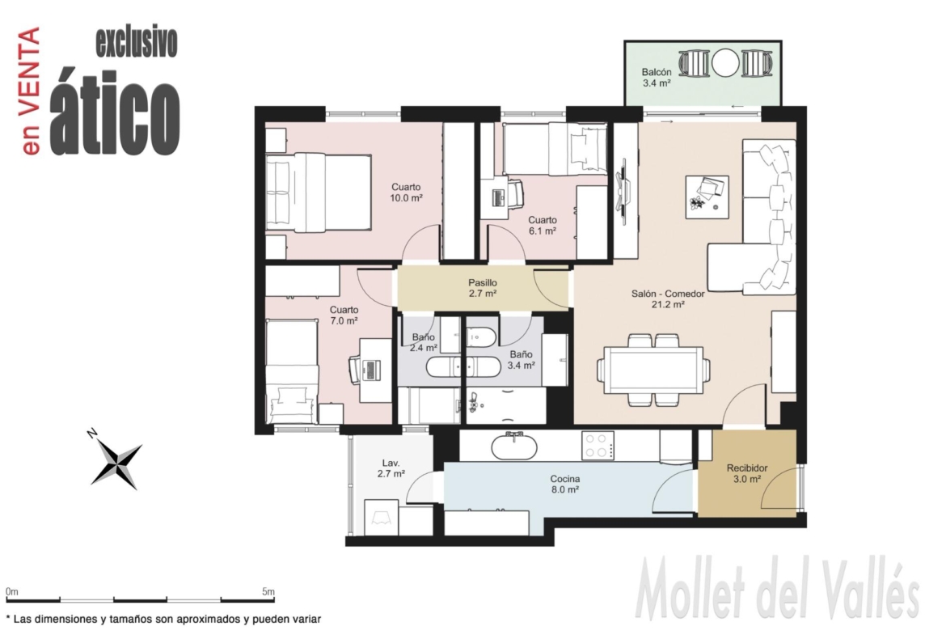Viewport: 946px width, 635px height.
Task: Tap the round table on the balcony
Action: point(725,63)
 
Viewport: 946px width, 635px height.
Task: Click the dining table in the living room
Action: point(654,370)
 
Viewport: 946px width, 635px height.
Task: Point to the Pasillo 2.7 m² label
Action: point(483,289)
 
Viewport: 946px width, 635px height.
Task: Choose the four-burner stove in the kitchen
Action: point(598,446)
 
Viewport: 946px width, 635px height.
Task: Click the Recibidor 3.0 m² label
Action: point(747,473)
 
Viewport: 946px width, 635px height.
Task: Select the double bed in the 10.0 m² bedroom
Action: point(319,192)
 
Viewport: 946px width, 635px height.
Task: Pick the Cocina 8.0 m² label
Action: point(564,484)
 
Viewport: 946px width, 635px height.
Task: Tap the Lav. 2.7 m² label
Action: point(391,468)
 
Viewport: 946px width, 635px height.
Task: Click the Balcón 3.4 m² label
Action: point(657,78)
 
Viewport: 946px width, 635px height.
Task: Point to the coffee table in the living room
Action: point(707,197)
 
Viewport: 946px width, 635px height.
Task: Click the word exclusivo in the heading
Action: point(137,42)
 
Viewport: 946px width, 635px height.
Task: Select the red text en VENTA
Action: point(31,91)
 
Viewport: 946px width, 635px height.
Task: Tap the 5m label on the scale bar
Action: point(268,591)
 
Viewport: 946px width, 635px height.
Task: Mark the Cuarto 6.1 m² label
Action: point(543,226)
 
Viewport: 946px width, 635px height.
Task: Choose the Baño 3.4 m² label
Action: point(522,360)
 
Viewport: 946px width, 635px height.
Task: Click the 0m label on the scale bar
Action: point(12,591)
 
